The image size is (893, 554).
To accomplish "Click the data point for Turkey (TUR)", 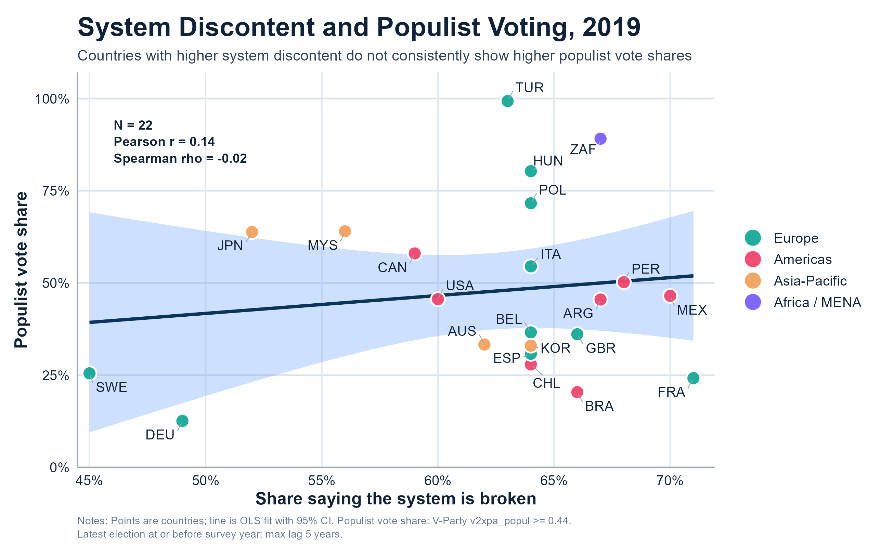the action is pyautogui.click(x=507, y=101).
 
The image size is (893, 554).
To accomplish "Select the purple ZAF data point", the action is pyautogui.click(x=600, y=139).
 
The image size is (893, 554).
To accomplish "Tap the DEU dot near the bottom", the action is pyautogui.click(x=182, y=421).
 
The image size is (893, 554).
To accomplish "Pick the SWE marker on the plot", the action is pyautogui.click(x=89, y=373).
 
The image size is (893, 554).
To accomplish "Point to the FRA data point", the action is pyautogui.click(x=693, y=378).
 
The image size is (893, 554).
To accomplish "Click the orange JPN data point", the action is pyautogui.click(x=252, y=232).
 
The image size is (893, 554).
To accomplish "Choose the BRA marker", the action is pyautogui.click(x=577, y=392).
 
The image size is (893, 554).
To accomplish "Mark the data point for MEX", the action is pyautogui.click(x=670, y=296).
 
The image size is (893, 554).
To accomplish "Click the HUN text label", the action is pyautogui.click(x=548, y=161).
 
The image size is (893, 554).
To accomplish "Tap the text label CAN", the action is pyautogui.click(x=392, y=267).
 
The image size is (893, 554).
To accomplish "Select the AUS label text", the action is pyautogui.click(x=462, y=331).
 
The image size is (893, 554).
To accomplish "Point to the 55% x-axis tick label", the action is pyautogui.click(x=322, y=481).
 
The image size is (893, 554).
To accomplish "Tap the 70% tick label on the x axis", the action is pyautogui.click(x=670, y=481).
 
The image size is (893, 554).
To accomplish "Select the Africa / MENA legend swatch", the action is pyautogui.click(x=753, y=302).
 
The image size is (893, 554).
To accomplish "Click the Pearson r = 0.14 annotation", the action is pyautogui.click(x=164, y=142).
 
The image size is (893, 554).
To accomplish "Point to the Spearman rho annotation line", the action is pyautogui.click(x=180, y=159).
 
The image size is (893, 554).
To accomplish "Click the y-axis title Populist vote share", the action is pyautogui.click(x=21, y=270).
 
